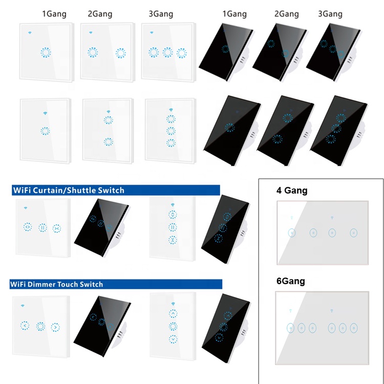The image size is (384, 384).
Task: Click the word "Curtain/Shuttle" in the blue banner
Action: pos(68,190)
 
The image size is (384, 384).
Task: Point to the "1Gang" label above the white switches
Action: pos(54,14)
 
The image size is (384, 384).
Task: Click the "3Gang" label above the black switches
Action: pos(331,14)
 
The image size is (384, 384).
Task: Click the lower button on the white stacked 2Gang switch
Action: pos(108,142)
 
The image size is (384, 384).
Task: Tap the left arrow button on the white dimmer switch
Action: pos(25,325)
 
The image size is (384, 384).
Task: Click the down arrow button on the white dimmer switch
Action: pos(173,338)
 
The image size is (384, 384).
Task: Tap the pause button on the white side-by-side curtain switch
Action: pos(42,227)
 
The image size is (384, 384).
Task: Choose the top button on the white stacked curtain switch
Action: pos(173,215)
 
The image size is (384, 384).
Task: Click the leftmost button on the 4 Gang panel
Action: pos(291,233)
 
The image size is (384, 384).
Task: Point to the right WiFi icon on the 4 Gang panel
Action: pos(332,218)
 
